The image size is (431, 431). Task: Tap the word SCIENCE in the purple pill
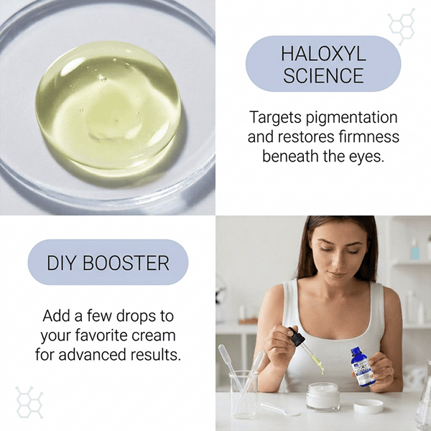tap(323, 75)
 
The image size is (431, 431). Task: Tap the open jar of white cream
tap(323, 397)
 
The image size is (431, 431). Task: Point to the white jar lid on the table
tap(369, 407)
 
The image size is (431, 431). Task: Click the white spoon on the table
tap(282, 409)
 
